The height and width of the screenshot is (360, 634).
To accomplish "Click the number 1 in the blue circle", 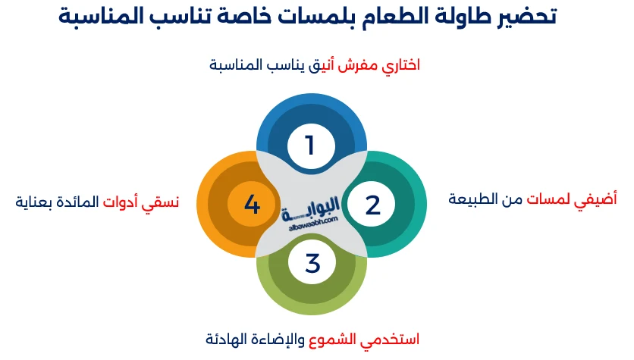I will [x=309, y=145].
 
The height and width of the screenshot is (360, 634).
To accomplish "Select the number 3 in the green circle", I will [x=312, y=264].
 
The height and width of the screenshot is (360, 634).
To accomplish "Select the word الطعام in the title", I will [x=375, y=17].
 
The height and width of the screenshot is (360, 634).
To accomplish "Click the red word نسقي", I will [x=163, y=202].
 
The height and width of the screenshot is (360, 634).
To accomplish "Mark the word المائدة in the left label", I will [x=83, y=202].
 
